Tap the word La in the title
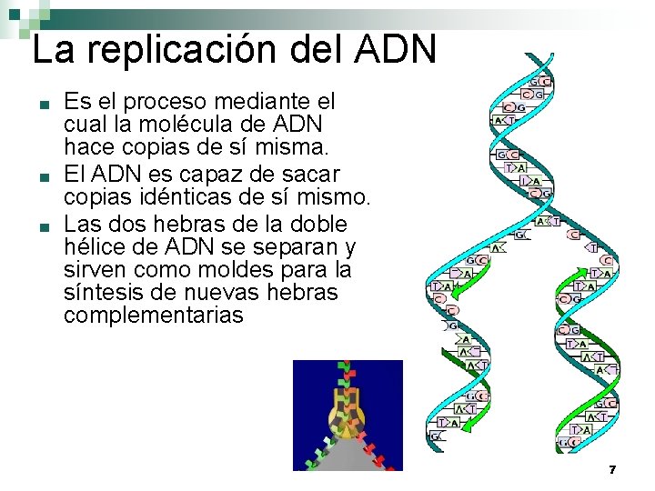point(52,49)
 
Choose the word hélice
point(95,246)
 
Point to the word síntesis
point(104,293)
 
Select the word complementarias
point(154,316)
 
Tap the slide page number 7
point(612,470)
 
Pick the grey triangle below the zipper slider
point(348,455)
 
